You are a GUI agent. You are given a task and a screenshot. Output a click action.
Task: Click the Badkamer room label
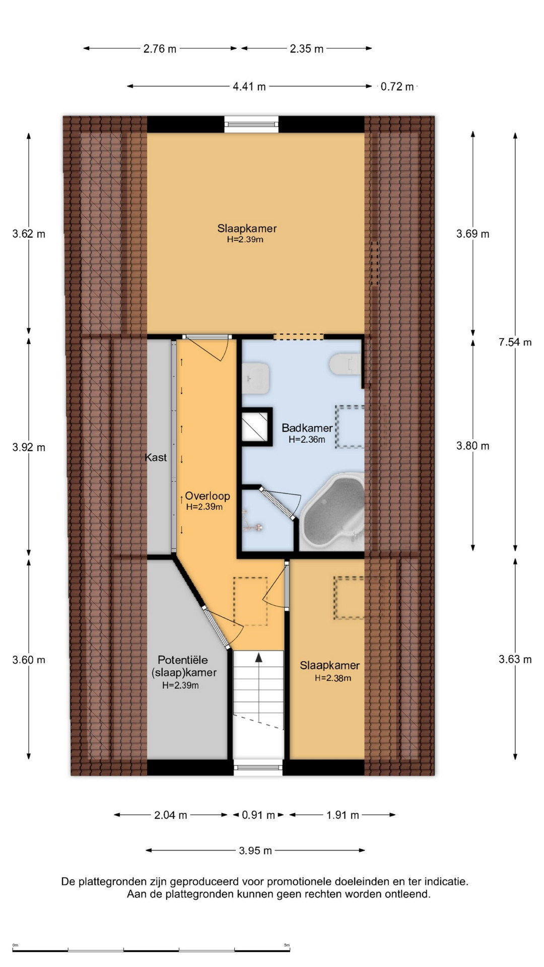[x=307, y=428]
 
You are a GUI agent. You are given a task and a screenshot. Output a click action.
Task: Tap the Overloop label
[x=208, y=496]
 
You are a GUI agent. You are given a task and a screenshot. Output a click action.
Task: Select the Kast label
[x=156, y=457]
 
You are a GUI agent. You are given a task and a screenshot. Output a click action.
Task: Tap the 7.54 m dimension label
[x=515, y=342]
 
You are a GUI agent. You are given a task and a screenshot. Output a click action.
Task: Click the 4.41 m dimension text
[x=249, y=87]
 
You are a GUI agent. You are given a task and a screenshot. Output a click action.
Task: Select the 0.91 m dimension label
[x=258, y=815]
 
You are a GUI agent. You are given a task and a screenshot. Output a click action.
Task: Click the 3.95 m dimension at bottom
[x=255, y=851]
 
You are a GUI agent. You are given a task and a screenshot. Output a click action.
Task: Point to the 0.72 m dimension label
[x=397, y=87]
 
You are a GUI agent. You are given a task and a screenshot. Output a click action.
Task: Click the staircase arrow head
[x=259, y=657]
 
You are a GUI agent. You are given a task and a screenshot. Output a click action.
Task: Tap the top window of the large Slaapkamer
[x=251, y=123]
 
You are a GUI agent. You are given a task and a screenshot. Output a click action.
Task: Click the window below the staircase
[x=258, y=767]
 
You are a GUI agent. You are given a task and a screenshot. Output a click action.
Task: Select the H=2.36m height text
[x=307, y=440]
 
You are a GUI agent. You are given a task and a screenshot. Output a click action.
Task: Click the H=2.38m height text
[x=333, y=678]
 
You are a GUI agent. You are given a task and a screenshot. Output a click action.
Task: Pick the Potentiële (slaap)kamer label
[x=183, y=666]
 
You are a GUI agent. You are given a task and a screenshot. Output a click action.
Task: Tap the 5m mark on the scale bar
[x=287, y=945]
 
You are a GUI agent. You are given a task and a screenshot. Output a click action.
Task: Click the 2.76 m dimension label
[x=160, y=49]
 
